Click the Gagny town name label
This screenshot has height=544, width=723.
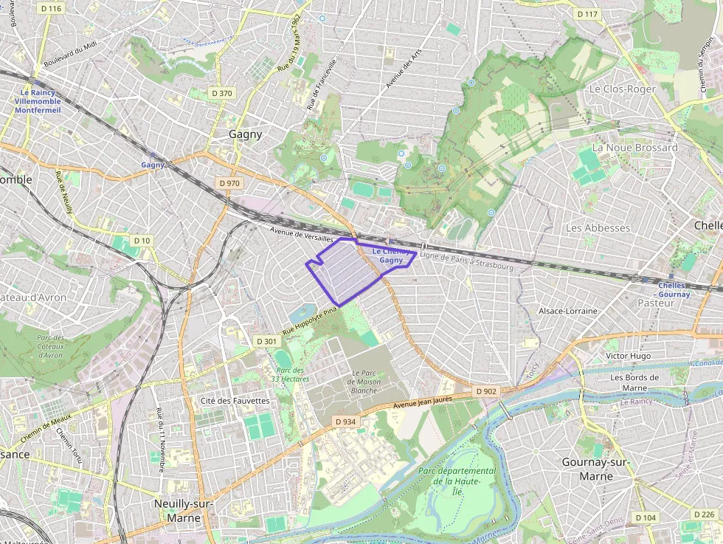point(246,134)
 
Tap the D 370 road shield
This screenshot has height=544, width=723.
point(221,93)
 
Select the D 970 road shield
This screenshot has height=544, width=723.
point(229,183)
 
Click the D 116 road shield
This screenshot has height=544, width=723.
point(51,8)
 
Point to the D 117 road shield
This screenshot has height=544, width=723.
point(587,14)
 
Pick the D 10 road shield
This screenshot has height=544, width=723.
point(142,241)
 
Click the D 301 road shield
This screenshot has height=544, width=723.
point(266,341)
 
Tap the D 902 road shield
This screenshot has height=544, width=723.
point(486,390)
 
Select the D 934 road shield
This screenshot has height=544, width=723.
point(345,421)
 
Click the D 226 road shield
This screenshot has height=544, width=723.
point(705,514)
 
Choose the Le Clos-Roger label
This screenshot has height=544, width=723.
point(622,89)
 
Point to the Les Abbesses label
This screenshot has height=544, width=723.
point(598,228)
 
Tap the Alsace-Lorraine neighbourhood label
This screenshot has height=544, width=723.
point(568,311)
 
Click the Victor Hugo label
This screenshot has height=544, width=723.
point(628,356)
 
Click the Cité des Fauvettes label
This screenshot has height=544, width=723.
point(235,401)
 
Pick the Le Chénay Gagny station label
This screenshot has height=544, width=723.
point(391,255)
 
